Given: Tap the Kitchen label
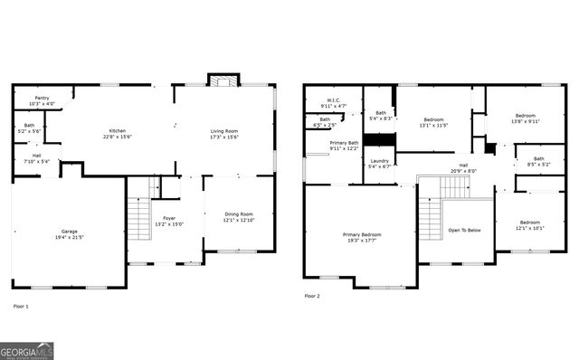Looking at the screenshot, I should (118, 130).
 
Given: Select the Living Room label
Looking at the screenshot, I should (224, 130).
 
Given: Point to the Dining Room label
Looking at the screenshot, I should (239, 213).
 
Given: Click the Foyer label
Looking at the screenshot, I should (169, 218).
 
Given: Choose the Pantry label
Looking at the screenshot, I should (43, 98).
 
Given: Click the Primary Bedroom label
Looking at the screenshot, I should (362, 235).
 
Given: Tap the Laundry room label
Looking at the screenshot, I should (380, 161).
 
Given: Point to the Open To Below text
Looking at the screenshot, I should (465, 231).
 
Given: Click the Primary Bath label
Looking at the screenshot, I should (344, 143).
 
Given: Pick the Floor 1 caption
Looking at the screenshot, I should (21, 307).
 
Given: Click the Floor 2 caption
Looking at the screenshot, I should (311, 296).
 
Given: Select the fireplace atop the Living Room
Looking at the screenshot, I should (221, 81).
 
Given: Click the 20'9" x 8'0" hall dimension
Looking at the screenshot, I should (463, 171).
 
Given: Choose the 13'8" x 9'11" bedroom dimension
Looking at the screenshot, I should (526, 120).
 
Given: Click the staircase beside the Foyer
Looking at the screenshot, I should (138, 218).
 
